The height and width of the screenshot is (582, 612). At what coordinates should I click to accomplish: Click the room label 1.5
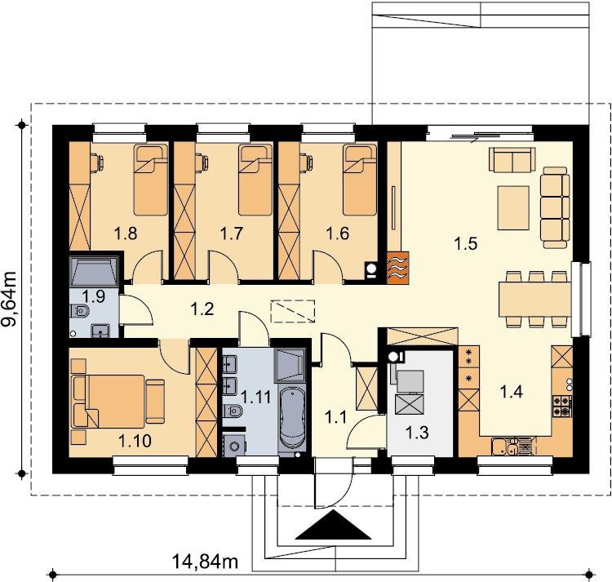click(466, 243)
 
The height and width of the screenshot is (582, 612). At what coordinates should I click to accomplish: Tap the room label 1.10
click(135, 441)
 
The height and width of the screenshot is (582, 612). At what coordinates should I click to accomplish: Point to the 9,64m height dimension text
click(10, 299)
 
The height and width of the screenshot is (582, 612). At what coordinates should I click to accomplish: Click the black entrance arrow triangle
click(333, 528)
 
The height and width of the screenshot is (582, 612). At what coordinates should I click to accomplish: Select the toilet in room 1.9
click(80, 311)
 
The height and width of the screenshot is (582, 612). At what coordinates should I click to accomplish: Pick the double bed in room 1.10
click(118, 401)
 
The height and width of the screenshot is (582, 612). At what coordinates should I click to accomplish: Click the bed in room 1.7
click(256, 180)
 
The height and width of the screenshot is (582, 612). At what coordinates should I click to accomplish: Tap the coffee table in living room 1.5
click(513, 207)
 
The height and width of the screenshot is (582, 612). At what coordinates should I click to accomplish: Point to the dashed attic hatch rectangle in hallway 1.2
click(293, 311)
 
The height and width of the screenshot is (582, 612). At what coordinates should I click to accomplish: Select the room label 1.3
click(417, 433)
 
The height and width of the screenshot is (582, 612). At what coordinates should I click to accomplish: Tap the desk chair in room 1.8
click(97, 161)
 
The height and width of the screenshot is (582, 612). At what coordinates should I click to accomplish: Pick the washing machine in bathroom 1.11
click(234, 446)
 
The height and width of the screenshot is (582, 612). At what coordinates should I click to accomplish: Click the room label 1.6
click(338, 233)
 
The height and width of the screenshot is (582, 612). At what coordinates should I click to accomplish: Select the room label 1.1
click(335, 418)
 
